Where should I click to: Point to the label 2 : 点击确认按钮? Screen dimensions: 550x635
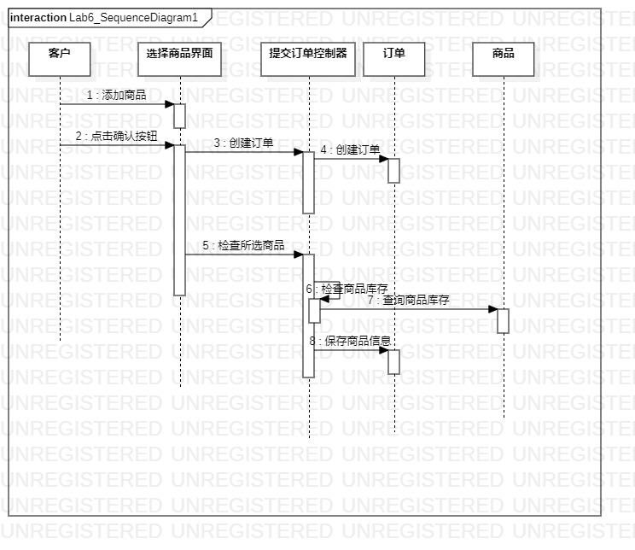point(116,136)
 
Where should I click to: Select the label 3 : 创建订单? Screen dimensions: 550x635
point(243,143)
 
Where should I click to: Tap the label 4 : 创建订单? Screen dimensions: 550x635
point(350,149)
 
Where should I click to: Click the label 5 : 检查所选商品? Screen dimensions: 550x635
point(243,245)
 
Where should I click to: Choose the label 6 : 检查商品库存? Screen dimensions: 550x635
point(347,289)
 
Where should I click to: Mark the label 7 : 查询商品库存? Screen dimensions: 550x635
point(408,300)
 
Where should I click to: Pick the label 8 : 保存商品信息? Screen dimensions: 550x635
point(350,341)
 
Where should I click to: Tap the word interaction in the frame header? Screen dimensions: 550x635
point(38,17)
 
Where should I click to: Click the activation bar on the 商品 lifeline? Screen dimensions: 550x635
point(503,320)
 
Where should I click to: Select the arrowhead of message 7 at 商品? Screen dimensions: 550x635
point(492,309)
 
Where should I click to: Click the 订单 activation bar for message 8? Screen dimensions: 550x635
point(393,361)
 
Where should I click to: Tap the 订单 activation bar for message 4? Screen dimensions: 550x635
point(393,170)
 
